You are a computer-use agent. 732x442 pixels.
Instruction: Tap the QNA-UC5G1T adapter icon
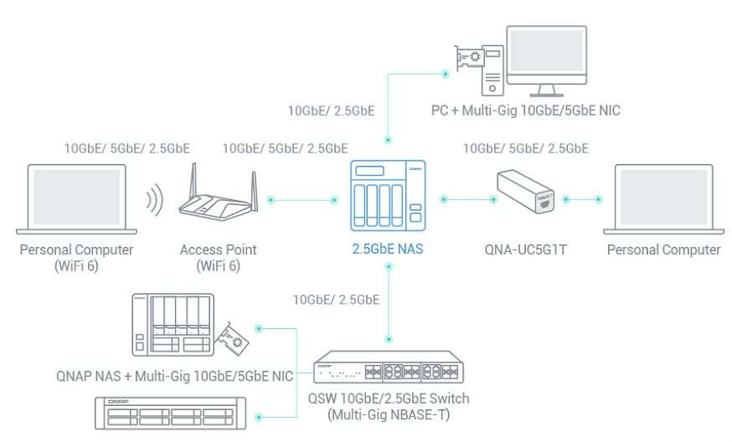pos(527,191)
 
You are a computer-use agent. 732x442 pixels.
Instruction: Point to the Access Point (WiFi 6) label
pos(218,257)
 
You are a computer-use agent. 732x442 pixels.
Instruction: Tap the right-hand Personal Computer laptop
pos(663,199)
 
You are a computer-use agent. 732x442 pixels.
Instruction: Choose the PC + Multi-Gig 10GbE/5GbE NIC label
pos(526,110)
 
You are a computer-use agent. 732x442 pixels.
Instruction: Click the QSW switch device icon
pos(388,371)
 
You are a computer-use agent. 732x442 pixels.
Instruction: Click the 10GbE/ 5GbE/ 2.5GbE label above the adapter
pos(525,149)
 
